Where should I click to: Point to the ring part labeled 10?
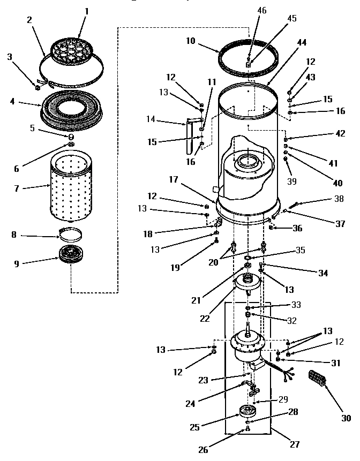click(x=249, y=55)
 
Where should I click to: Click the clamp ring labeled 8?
click(x=72, y=234)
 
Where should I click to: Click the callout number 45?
click(x=291, y=18)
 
